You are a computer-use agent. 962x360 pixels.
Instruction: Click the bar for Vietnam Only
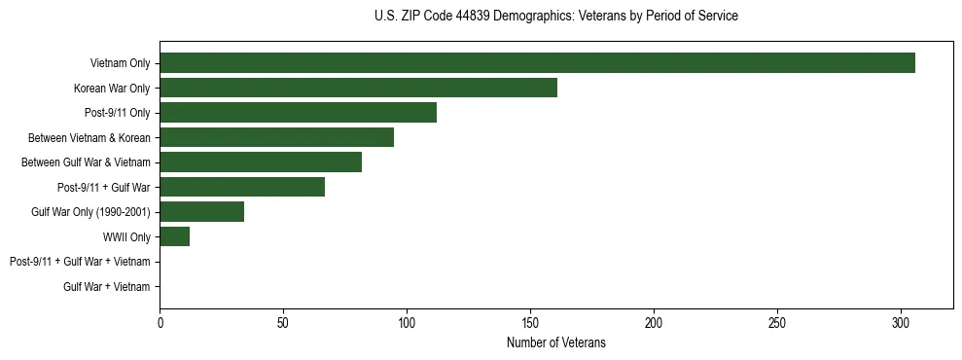[537, 63]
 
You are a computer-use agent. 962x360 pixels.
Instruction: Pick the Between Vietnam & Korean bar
[276, 137]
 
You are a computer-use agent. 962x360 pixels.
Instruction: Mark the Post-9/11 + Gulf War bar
[242, 187]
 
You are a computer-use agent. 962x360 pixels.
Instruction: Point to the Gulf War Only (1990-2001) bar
[201, 212]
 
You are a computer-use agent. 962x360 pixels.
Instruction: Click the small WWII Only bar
[174, 236]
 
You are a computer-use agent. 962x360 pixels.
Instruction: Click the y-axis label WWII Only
[126, 236]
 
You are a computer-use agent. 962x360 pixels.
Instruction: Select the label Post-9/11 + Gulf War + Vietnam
[80, 262]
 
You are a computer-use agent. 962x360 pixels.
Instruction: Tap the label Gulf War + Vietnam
[107, 286]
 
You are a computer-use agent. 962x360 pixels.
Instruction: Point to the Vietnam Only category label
[120, 63]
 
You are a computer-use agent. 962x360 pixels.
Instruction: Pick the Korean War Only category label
[112, 89]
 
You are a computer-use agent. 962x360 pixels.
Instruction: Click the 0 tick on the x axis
[160, 322]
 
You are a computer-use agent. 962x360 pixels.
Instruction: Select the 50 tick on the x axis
[283, 322]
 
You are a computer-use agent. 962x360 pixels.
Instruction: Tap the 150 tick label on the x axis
[530, 322]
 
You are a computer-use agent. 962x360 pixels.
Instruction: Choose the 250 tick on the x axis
[777, 322]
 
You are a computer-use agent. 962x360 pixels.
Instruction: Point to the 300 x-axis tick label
[901, 322]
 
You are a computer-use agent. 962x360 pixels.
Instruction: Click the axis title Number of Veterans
[556, 342]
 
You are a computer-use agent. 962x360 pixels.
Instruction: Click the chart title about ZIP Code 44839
[555, 17]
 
